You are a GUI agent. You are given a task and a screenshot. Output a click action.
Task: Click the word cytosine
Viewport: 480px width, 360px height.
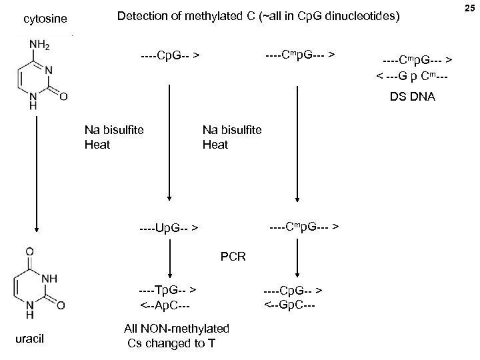45,20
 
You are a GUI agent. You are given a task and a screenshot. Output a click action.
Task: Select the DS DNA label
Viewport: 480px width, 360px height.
413,97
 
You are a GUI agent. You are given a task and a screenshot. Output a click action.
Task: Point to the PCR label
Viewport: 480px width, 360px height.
233,255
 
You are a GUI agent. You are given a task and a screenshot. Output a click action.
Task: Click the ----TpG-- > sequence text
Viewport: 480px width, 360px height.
167,291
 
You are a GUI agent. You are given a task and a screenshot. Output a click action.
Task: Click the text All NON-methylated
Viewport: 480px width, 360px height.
177,329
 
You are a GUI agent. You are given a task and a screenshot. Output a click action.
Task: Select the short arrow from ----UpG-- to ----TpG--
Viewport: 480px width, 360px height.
172,260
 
